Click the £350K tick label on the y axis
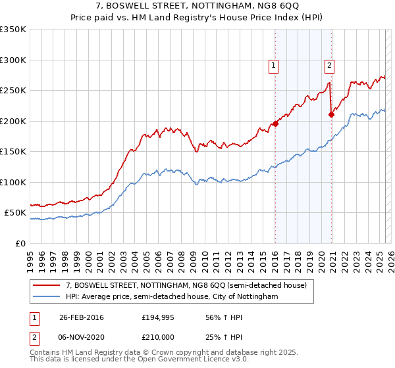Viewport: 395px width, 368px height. [13, 30]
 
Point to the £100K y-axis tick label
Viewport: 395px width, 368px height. [13, 182]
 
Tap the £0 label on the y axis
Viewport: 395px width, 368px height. [20, 243]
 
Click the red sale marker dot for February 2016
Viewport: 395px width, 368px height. [275, 124]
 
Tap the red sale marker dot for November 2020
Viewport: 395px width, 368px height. [331, 114]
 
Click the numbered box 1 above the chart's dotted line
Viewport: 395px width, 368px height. [273, 65]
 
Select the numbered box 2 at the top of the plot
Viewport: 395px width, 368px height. [329, 65]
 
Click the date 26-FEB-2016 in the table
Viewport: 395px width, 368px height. [82, 317]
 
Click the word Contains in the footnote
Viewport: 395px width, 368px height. [47, 353]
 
